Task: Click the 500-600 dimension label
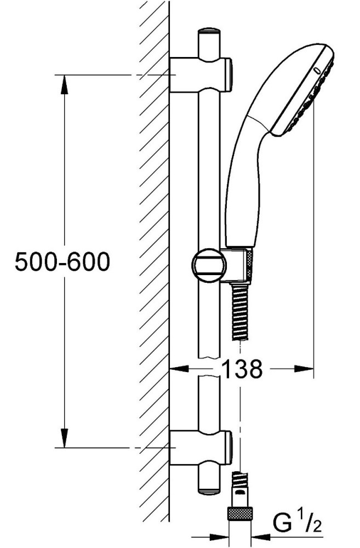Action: click(62, 262)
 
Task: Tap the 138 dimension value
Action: click(242, 369)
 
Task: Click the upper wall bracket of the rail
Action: click(201, 75)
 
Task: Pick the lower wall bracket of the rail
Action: click(201, 448)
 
